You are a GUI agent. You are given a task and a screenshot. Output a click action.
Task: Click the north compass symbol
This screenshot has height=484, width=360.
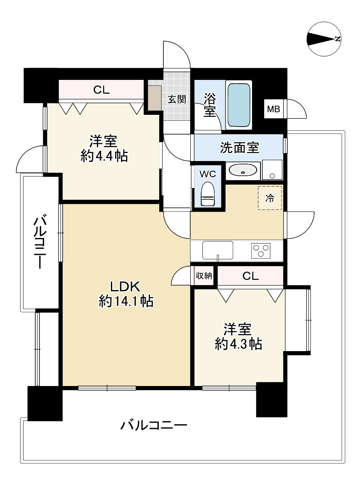tap(324, 39)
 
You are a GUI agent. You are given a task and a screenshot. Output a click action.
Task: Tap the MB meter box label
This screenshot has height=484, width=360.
tap(274, 110)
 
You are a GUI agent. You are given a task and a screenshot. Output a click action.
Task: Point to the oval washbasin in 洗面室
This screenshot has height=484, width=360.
tap(243, 171)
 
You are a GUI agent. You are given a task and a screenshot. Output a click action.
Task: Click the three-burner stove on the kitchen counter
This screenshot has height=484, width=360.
tap(261, 251)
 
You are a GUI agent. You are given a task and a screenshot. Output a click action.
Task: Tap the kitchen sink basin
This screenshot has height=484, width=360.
tap(218, 250)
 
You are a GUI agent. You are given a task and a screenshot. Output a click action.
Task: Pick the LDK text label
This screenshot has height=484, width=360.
tap(124, 287)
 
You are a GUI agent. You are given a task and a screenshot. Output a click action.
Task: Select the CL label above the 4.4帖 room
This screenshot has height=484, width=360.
tap(101, 90)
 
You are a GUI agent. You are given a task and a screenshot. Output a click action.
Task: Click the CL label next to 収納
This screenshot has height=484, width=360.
tap(251, 276)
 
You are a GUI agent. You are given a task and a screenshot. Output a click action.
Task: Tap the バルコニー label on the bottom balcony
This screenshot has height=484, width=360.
tap(154, 426)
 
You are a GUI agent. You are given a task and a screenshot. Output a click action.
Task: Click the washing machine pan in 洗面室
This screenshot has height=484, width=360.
tap(272, 170)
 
